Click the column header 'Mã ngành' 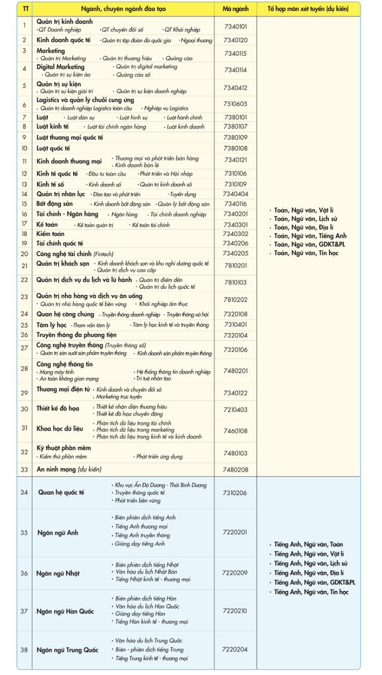tap(235, 10)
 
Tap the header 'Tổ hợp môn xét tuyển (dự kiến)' tap(308, 10)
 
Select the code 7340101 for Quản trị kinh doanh tap(235, 26)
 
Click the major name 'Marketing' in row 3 tap(51, 50)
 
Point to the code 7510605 tap(235, 104)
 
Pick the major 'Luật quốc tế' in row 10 tap(54, 148)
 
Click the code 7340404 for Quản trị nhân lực tap(235, 194)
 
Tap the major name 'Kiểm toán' tap(50, 234)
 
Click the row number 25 tap(25, 325)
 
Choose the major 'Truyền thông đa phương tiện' tap(76, 335)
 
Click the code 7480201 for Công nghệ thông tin tap(235, 371)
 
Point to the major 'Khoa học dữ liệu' tap(60, 429)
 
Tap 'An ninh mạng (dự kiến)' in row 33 tap(69, 469)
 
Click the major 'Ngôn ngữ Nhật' tap(58, 573)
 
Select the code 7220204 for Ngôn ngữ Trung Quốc tap(235, 649)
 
